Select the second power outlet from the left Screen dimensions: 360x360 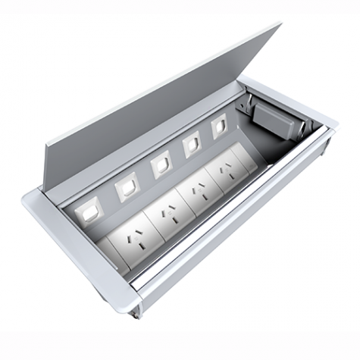pyautogui.click(x=167, y=220)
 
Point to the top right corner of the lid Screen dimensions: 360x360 pyautogui.click(x=280, y=23)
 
